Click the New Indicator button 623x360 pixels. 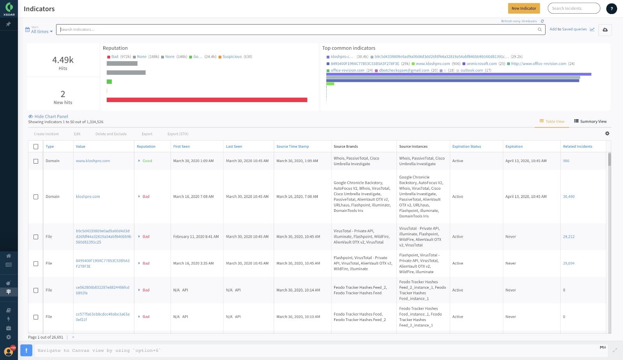pos(524,8)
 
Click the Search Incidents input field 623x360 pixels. pos(574,8)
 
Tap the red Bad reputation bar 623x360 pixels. pos(207,100)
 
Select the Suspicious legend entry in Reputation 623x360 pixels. pos(232,57)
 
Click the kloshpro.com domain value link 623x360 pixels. pos(88,197)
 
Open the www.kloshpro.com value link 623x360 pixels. pos(93,161)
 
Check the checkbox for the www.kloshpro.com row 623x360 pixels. pos(36,161)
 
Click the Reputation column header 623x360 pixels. pos(146,146)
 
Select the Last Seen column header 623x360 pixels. pos(234,146)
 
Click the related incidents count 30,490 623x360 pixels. pos(568,197)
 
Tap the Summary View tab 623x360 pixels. pos(590,122)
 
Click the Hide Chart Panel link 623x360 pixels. pos(51,116)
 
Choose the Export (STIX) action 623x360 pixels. pos(178,134)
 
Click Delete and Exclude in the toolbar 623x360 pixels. pos(111,134)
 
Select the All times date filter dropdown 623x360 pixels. pos(40,32)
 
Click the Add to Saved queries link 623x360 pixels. pos(568,29)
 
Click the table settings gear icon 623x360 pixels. pos(607,133)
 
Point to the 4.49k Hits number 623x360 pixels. pos(63,60)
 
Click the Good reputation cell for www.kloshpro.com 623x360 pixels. pos(147,161)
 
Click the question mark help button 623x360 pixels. pos(612,9)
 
